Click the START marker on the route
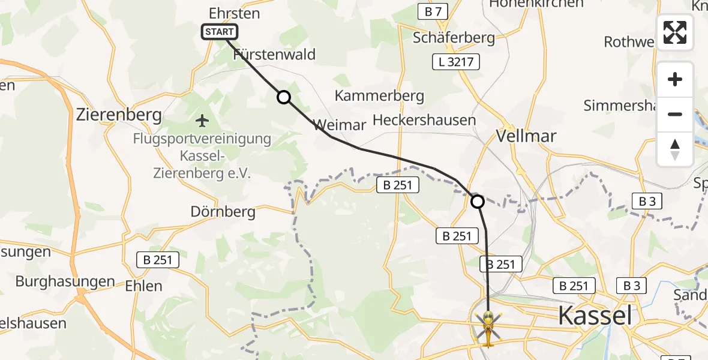click(220, 32)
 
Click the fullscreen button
click(675, 32)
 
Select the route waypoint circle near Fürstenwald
click(283, 97)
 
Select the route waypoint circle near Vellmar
click(478, 202)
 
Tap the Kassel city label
click(595, 314)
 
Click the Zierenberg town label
click(119, 115)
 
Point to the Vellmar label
click(526, 136)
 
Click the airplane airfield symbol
click(202, 121)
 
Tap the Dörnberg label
click(223, 212)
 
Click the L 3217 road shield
click(451, 61)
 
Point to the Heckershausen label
click(424, 120)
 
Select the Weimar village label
click(340, 125)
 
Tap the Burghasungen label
click(65, 281)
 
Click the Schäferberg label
click(454, 38)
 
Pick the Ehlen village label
click(144, 286)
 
